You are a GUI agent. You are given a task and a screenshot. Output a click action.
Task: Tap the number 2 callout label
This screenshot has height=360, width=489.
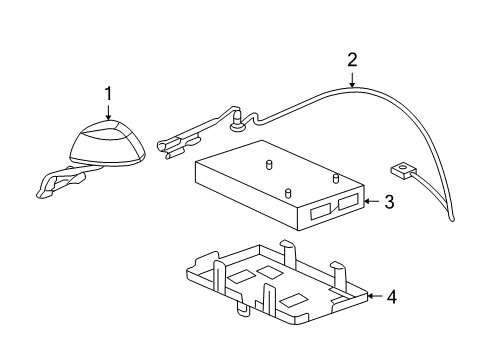pos(352,61)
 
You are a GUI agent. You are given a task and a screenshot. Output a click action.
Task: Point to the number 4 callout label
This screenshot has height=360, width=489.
pos(390,296)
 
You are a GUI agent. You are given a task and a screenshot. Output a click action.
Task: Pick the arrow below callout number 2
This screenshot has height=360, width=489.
pos(352,81)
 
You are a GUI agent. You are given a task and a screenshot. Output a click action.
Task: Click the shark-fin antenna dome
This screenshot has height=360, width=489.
pos(108,143)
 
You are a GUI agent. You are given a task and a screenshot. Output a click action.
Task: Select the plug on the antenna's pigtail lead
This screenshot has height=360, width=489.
pos(60,181)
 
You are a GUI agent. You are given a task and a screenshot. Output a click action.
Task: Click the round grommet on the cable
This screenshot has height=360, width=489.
pos(238,126)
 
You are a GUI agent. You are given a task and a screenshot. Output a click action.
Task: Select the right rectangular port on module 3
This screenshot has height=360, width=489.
pos(348,204)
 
